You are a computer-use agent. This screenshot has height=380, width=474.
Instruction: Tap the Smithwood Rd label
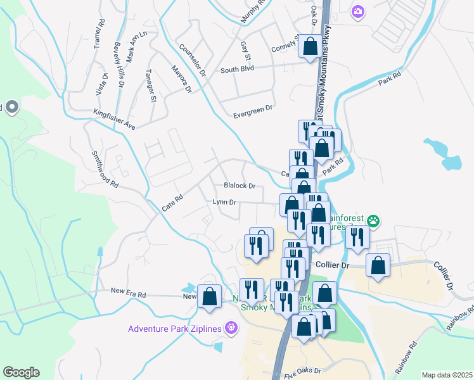[105, 169]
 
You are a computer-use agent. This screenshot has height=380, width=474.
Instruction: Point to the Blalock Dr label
[239, 186]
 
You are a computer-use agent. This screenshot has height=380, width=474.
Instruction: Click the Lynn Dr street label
[224, 202]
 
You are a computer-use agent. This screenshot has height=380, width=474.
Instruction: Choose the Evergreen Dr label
[252, 108]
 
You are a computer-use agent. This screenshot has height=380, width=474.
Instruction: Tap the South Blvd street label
[237, 70]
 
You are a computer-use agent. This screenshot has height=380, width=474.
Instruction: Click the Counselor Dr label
[193, 60]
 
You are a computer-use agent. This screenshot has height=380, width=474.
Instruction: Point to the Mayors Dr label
[181, 77]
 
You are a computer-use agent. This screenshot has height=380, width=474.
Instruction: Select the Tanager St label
[151, 85]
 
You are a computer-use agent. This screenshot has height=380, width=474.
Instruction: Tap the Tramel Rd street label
[98, 32]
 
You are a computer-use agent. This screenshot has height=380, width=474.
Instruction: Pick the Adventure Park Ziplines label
[174, 328]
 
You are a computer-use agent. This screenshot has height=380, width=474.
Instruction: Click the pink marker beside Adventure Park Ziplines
[232, 327]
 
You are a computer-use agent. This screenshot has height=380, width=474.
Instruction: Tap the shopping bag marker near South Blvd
[311, 46]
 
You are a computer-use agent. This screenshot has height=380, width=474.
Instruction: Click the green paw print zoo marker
[375, 221]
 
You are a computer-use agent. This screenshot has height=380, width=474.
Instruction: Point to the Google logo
[21, 372]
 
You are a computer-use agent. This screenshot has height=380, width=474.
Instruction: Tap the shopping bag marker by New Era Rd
[209, 296]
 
